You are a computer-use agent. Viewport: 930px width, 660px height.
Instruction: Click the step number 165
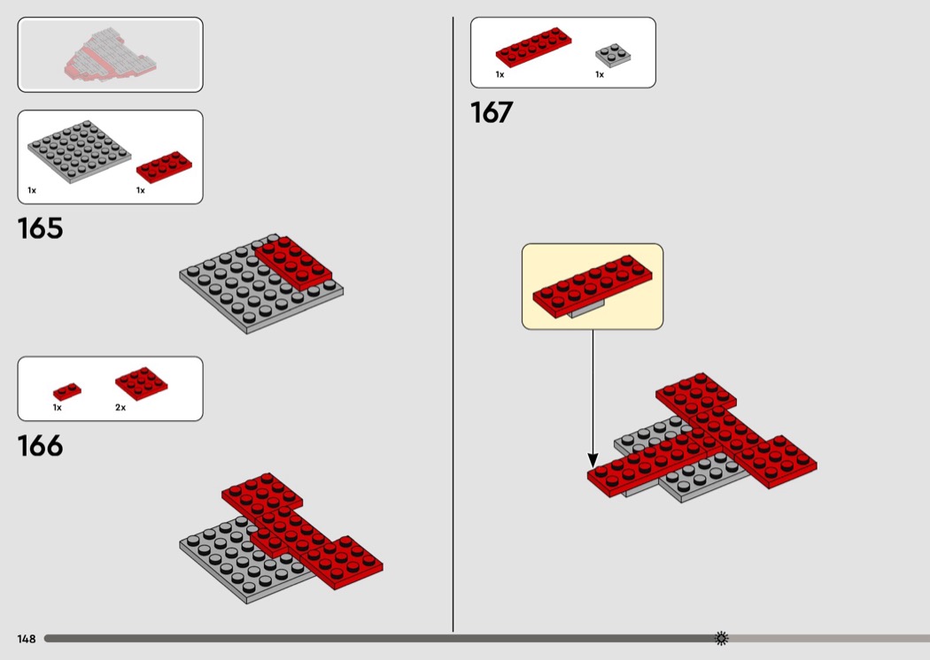pos(40,228)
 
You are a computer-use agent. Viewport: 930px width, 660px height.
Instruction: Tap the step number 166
pos(40,446)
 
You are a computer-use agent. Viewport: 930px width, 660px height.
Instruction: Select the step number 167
pos(492,112)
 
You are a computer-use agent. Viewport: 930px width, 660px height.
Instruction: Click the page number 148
pos(27,639)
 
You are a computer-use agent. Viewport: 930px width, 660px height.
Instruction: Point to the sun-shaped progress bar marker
pos(721,638)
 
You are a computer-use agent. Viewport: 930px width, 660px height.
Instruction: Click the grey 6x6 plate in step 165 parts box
pos(80,151)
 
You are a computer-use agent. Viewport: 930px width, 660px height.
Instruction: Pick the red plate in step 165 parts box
pos(164,166)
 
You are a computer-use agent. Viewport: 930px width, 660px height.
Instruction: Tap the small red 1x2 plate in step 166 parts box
pos(67,392)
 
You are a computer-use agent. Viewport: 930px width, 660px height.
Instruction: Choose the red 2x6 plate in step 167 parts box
pos(534,47)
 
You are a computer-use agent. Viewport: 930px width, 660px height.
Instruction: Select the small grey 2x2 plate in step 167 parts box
pos(613,55)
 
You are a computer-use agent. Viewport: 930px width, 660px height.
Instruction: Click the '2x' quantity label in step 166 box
pos(120,408)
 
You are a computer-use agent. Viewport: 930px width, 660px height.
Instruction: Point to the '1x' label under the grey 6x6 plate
pos(32,190)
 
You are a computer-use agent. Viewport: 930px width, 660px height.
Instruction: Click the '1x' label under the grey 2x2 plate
pos(600,74)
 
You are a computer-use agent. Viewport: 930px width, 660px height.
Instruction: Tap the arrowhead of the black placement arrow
pos(593,460)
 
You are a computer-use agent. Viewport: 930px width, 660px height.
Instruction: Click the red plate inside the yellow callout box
pos(592,286)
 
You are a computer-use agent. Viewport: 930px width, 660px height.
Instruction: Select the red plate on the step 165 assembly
pos(293,263)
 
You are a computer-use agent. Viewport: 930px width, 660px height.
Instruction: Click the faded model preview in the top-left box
pos(111,55)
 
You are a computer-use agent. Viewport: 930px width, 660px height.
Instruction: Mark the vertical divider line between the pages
pos(453,324)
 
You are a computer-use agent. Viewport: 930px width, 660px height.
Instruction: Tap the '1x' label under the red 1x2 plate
pos(58,408)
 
